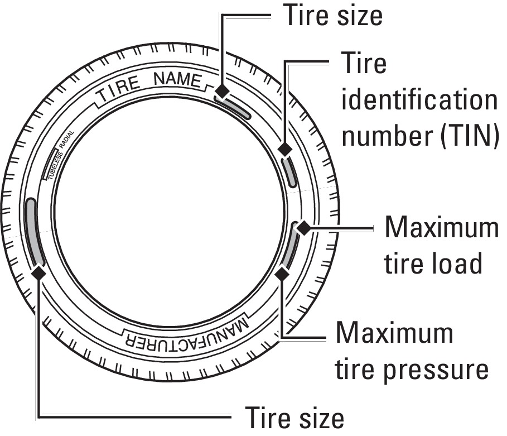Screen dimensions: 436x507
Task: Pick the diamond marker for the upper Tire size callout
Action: click(223, 90)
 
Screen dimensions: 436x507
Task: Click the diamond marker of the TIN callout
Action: click(285, 149)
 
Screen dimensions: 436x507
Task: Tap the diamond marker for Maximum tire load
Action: click(303, 228)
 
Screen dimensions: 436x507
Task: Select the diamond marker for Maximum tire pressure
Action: click(282, 274)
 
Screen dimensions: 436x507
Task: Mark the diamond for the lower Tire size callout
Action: click(39, 272)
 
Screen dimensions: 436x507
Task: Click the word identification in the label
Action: click(418, 100)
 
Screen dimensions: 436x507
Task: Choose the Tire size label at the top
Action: click(333, 15)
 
